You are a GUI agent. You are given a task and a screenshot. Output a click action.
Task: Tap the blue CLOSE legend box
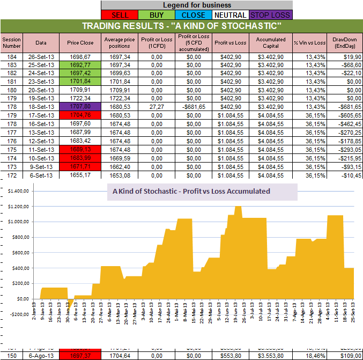tap(192, 15)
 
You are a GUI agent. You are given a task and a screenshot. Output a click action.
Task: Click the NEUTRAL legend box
tap(231, 15)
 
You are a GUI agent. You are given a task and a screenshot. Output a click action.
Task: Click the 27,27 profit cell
tap(157, 107)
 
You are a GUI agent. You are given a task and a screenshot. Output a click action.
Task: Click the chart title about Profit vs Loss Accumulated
tap(191, 191)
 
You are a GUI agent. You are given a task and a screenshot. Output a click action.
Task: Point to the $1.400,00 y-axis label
tap(17, 191)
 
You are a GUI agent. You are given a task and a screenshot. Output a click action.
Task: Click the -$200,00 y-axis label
tap(17, 314)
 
